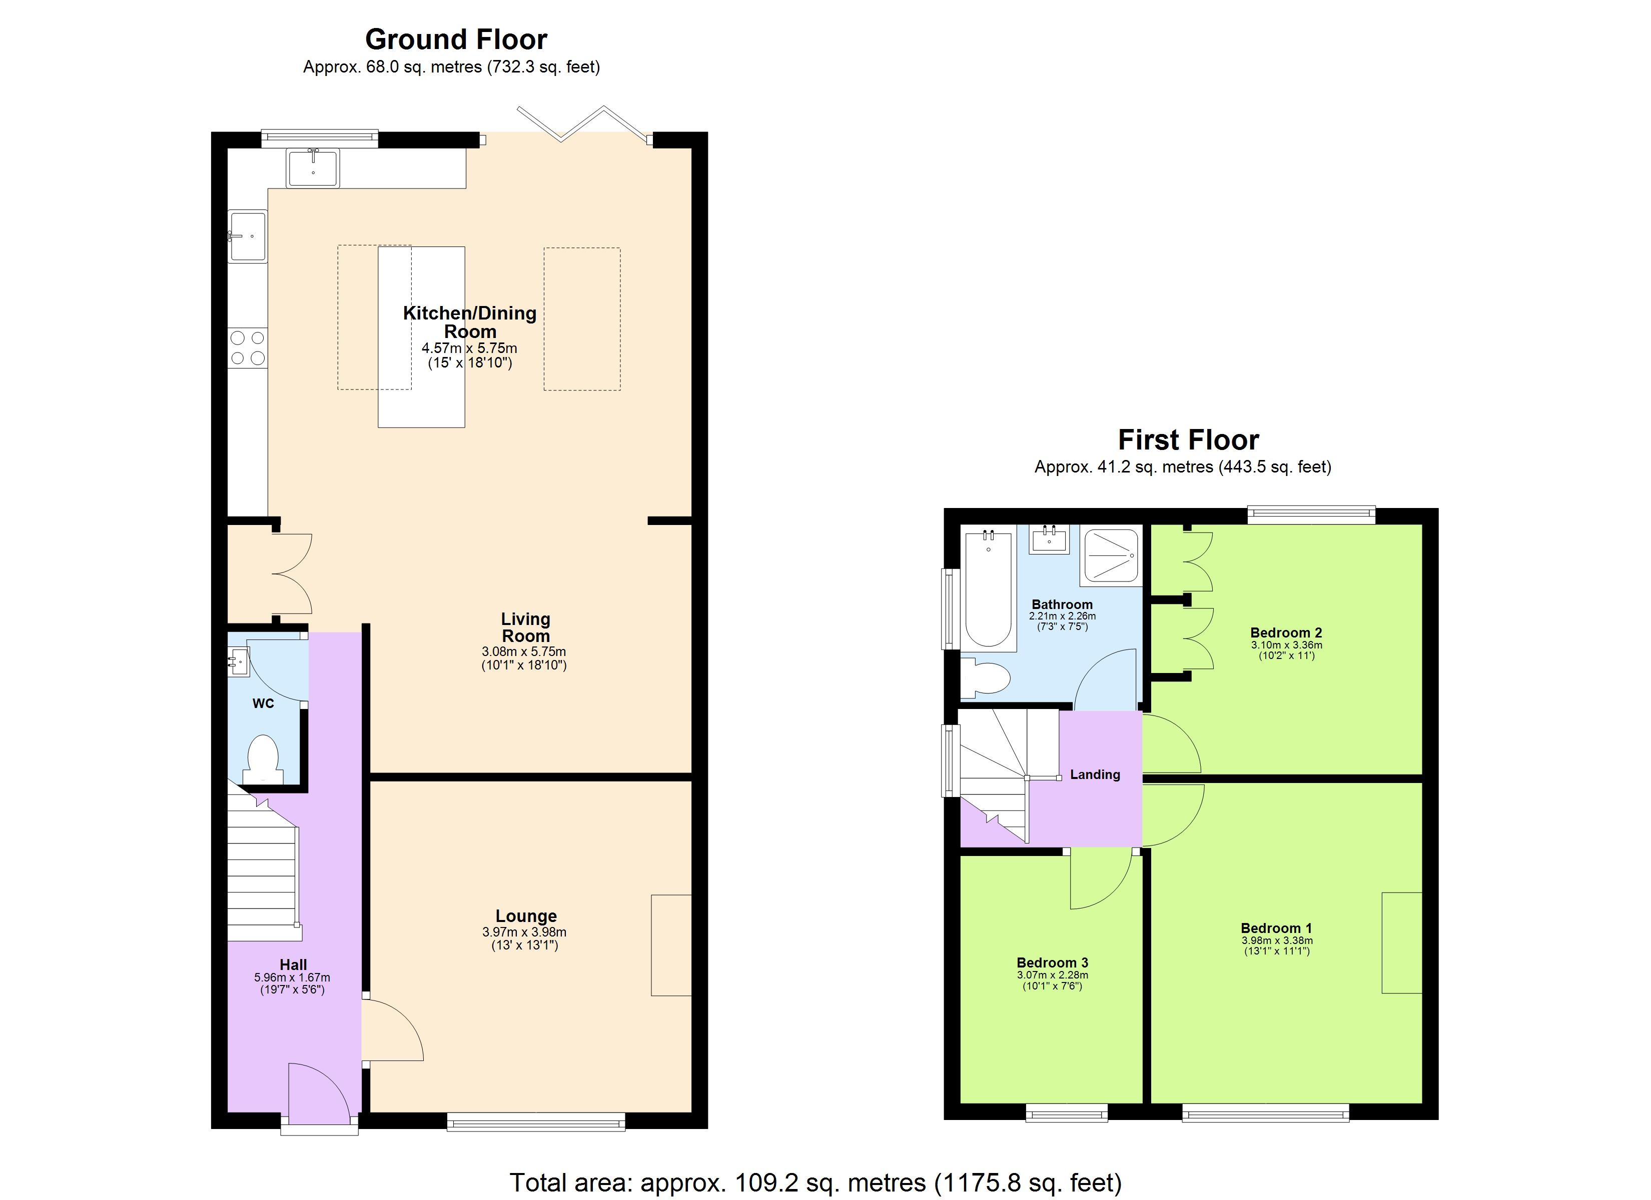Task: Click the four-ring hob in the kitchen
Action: (248, 348)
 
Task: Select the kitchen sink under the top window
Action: (313, 167)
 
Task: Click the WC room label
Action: (263, 703)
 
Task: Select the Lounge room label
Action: (526, 916)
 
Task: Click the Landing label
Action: (1095, 774)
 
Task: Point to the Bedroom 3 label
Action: (1052, 963)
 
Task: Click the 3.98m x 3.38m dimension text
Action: (1277, 940)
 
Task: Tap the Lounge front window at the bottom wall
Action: (536, 1121)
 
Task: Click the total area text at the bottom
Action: (815, 1182)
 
